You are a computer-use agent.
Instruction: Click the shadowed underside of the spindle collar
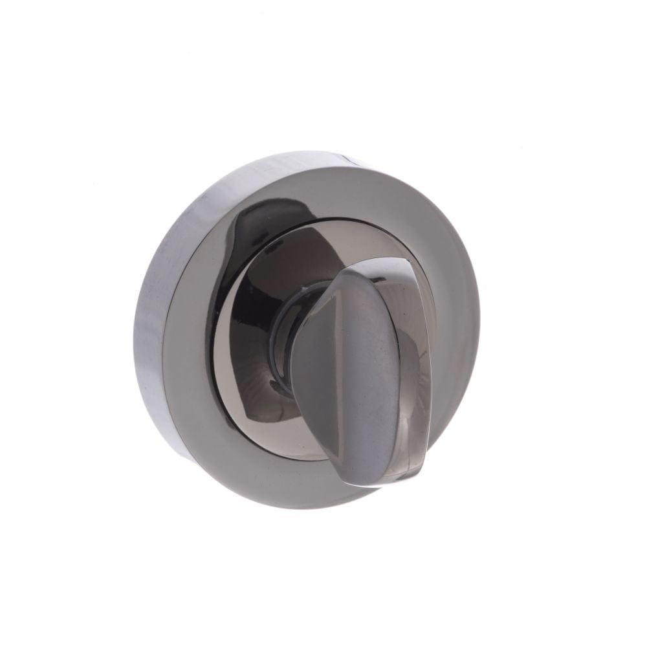(x=285, y=388)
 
